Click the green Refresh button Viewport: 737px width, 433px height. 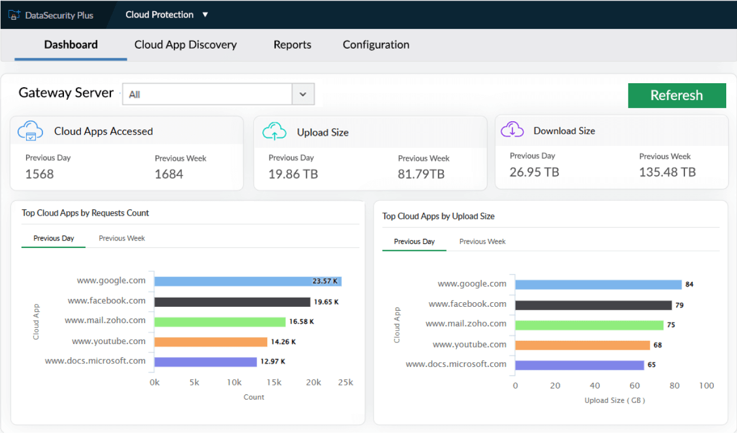(676, 96)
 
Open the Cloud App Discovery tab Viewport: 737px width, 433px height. (185, 45)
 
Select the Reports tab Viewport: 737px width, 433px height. (292, 45)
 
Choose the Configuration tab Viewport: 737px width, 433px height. (376, 45)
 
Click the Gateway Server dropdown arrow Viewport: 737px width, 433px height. (303, 95)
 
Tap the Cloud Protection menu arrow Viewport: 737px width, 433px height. (205, 15)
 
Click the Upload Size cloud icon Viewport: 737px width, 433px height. (274, 131)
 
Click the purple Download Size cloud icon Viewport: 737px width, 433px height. (512, 130)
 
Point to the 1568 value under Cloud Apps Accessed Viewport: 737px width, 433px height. (40, 174)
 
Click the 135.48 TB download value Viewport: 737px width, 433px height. (667, 172)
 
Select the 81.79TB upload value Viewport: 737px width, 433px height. (421, 174)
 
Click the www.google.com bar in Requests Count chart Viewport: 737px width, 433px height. (247, 281)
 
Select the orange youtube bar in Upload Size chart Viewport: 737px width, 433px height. (582, 345)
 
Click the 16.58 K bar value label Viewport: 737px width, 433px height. (301, 321)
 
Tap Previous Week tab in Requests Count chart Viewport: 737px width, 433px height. (122, 238)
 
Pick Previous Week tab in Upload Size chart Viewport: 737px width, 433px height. (482, 242)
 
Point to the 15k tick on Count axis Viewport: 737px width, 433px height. (273, 383)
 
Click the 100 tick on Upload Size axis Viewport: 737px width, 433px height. (706, 386)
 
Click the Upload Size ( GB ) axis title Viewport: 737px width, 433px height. (614, 400)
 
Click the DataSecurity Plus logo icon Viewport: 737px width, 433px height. (15, 15)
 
